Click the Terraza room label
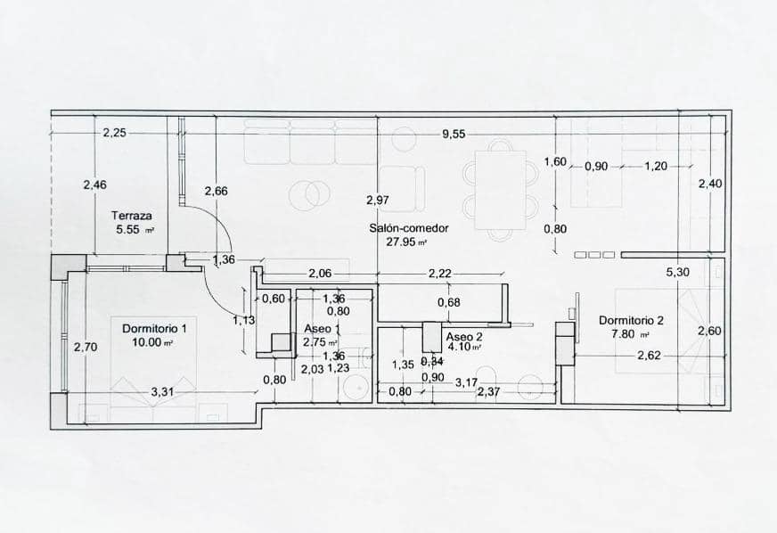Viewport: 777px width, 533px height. point(132,215)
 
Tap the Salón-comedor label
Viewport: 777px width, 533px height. point(409,227)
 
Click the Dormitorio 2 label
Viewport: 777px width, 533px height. point(631,321)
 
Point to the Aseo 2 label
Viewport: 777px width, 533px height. point(463,337)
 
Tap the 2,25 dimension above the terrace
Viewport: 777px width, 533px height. point(114,133)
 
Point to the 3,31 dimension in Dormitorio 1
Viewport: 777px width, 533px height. point(161,391)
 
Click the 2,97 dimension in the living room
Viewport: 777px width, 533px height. point(378,200)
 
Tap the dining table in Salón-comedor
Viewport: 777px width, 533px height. point(501,189)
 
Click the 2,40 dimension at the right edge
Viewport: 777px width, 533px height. point(709,184)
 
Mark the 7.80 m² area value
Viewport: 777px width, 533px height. point(630,334)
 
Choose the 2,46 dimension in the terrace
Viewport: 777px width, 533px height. point(94,184)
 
